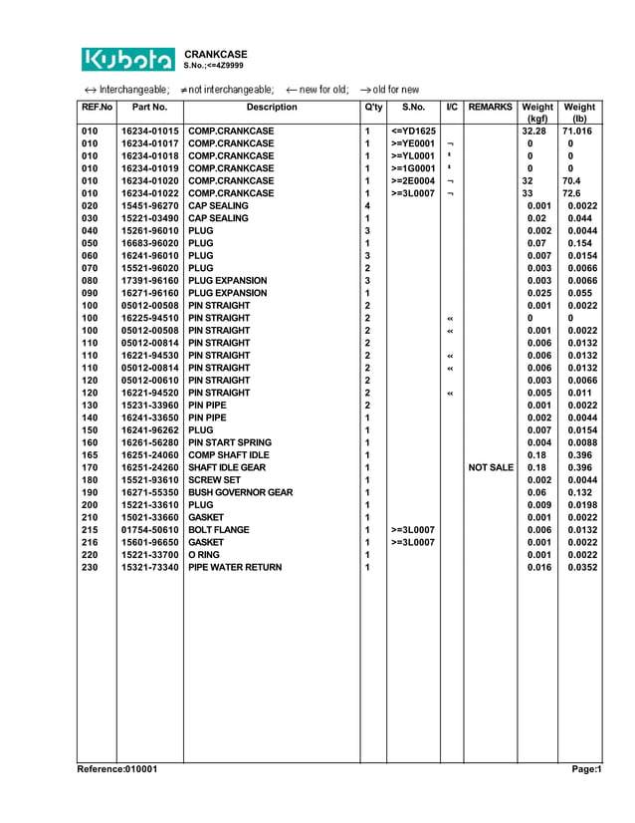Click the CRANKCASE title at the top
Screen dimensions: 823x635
pos(216,54)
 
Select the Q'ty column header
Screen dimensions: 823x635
pos(373,107)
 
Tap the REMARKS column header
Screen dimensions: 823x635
pos(490,107)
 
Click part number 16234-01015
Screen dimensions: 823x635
pos(150,132)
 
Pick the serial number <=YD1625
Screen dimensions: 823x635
pos(414,132)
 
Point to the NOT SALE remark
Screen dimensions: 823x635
pos(490,467)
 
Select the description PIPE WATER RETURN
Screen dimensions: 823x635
pos(235,567)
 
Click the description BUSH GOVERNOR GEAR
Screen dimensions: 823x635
pos(241,492)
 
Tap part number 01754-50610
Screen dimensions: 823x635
pos(150,530)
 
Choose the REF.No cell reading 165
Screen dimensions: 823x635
pos(91,455)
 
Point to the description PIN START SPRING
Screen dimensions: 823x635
pos(230,442)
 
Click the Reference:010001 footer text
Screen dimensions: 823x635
pos(116,769)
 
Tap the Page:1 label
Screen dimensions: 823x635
pos(586,769)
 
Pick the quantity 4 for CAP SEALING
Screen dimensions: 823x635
pos(367,206)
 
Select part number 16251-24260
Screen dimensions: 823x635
pos(150,467)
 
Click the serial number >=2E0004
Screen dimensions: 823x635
pos(414,181)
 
